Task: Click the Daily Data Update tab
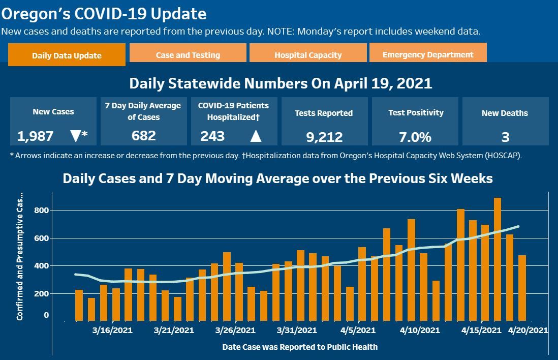67,55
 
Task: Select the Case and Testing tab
188,55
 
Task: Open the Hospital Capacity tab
308,55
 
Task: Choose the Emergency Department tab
428,54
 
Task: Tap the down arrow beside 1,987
76,136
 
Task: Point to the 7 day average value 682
143,136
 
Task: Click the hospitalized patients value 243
212,136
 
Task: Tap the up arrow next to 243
256,136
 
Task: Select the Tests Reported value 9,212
324,137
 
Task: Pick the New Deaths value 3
505,137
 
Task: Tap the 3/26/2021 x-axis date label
235,331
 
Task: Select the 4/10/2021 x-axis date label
420,331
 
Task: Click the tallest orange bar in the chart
498,259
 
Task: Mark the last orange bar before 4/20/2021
522,288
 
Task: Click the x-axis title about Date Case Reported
300,347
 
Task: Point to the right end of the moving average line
518,226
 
